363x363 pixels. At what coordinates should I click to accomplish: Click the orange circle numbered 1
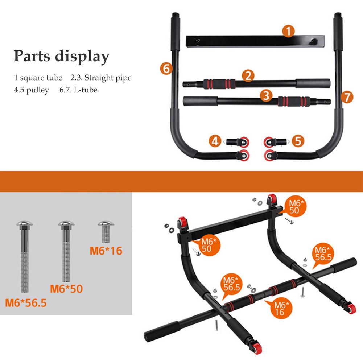[x=288, y=32]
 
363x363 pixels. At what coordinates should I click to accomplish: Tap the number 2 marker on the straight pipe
[x=248, y=76]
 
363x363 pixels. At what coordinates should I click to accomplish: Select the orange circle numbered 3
[x=266, y=96]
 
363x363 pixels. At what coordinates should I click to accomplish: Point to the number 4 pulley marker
[x=216, y=141]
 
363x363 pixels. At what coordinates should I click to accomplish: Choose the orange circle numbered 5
[x=297, y=141]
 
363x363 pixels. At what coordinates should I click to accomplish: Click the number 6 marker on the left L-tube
[x=166, y=68]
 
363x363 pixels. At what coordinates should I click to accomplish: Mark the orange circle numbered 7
[x=347, y=97]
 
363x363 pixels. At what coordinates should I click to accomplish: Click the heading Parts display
[x=61, y=57]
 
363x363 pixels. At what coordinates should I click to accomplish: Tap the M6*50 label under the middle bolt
[x=66, y=289]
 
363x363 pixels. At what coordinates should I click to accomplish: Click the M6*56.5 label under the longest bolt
[x=26, y=302]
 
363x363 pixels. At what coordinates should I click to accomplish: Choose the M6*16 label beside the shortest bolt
[x=106, y=250]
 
